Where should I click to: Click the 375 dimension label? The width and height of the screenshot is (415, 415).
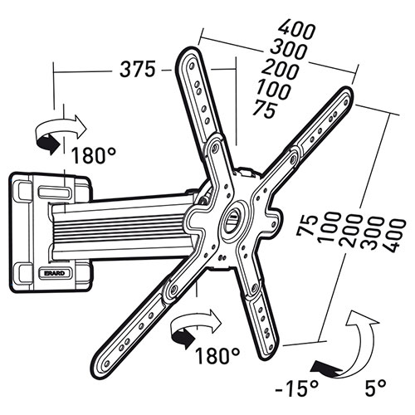[x=138, y=69]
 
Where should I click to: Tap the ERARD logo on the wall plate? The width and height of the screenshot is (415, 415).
[x=55, y=273]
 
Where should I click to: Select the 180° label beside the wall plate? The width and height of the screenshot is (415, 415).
[x=94, y=155]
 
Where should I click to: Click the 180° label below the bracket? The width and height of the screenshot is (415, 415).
[x=217, y=355]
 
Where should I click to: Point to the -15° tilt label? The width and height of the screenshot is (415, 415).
[x=296, y=388]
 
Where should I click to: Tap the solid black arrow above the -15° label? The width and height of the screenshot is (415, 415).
[x=326, y=368]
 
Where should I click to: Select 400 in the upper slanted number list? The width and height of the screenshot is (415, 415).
[x=296, y=29]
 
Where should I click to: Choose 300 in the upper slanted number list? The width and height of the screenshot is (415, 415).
[x=289, y=50]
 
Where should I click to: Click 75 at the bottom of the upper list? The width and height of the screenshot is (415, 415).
[x=265, y=110]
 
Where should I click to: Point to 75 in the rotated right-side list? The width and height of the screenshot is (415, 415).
[x=306, y=226]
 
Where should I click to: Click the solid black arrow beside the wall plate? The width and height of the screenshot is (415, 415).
[x=48, y=144]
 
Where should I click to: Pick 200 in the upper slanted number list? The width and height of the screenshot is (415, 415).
[x=281, y=70]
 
